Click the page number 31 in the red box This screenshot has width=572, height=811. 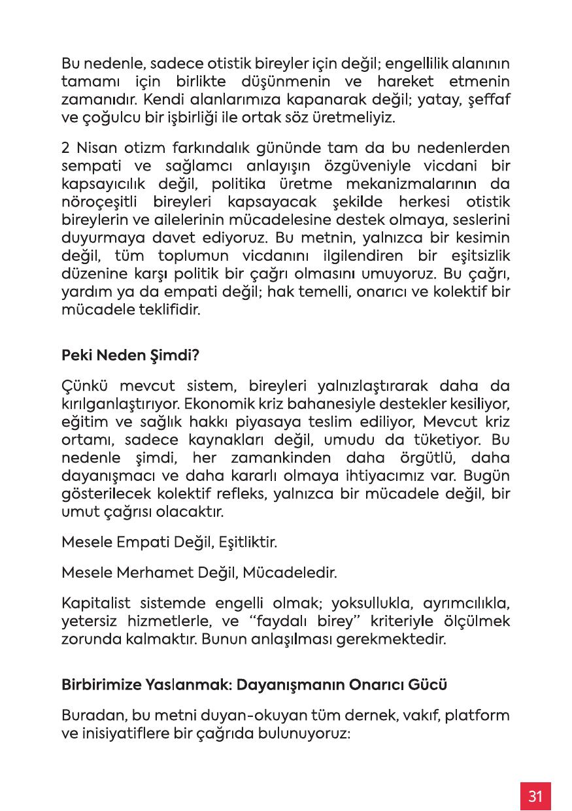[535, 795]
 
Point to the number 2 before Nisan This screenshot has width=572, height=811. [65, 149]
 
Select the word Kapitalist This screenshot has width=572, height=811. [91, 601]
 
